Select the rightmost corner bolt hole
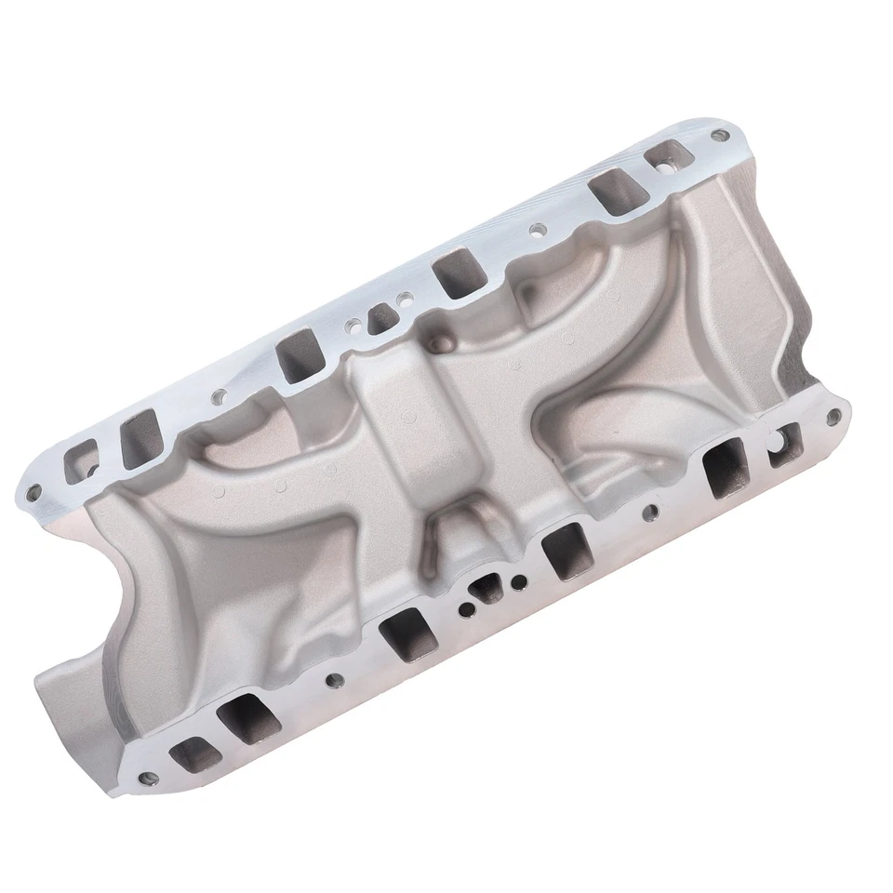(833, 415)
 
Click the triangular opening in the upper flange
(379, 318)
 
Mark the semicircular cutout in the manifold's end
(93, 595)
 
